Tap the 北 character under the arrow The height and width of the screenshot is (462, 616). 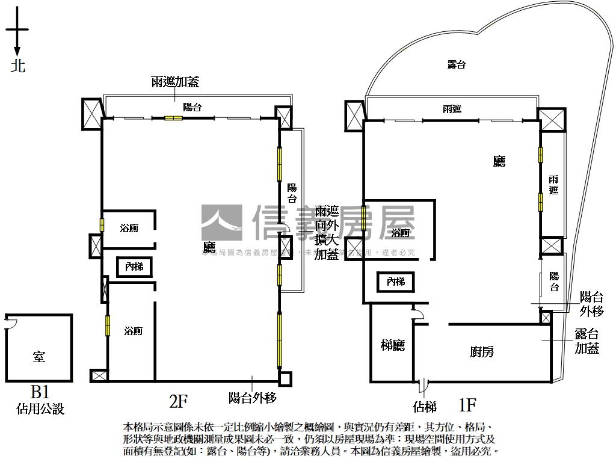point(18,66)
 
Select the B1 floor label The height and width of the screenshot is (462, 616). point(39,393)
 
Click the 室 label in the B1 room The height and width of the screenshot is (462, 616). point(39,357)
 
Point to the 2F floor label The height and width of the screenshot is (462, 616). point(179,399)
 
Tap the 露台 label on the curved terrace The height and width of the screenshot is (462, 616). point(457,65)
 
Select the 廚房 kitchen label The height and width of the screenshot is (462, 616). point(482,352)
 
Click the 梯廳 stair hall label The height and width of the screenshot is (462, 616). point(393,345)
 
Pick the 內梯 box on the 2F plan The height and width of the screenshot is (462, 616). point(134,266)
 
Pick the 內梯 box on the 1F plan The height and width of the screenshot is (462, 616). point(396,282)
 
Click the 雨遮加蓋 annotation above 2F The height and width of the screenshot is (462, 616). point(175,82)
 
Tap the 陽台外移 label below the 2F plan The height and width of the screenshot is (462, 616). point(252,398)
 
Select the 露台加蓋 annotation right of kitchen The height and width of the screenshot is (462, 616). point(587,340)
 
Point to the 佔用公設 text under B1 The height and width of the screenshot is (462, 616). point(40,410)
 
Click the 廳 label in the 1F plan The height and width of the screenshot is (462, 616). point(499,161)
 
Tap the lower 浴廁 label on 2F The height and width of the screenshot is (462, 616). point(133,331)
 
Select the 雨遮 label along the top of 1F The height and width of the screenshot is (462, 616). point(452,109)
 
